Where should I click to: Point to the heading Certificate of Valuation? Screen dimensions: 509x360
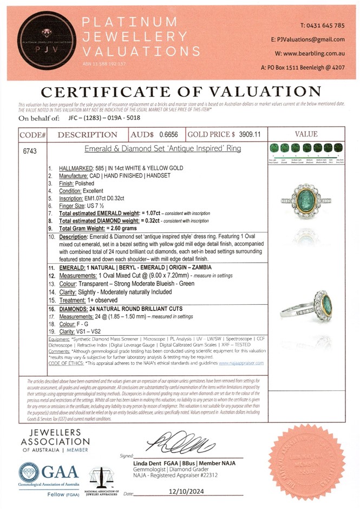[x=181, y=90]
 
